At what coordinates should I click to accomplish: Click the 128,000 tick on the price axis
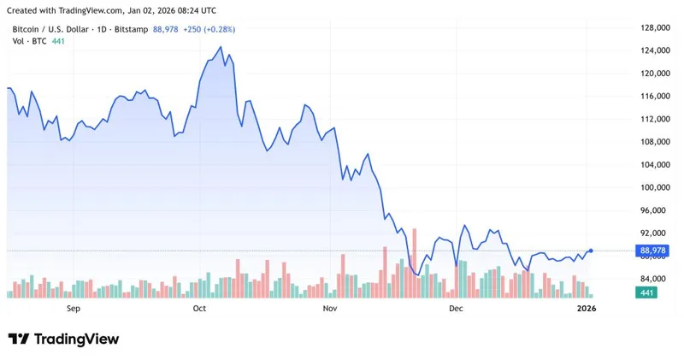[x=653, y=28]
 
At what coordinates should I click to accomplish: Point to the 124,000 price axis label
[x=653, y=51]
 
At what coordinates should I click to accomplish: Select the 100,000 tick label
[x=653, y=188]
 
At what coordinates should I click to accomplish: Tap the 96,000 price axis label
[x=653, y=210]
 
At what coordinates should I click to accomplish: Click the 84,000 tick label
[x=653, y=279]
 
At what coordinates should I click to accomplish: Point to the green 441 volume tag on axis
[x=646, y=293]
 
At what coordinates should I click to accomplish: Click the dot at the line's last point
[x=591, y=251]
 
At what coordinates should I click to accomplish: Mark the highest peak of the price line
[x=221, y=47]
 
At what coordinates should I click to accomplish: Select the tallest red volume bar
[x=414, y=263]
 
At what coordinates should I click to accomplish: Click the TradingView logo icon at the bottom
[x=19, y=339]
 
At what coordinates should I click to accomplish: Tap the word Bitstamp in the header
[x=131, y=29]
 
